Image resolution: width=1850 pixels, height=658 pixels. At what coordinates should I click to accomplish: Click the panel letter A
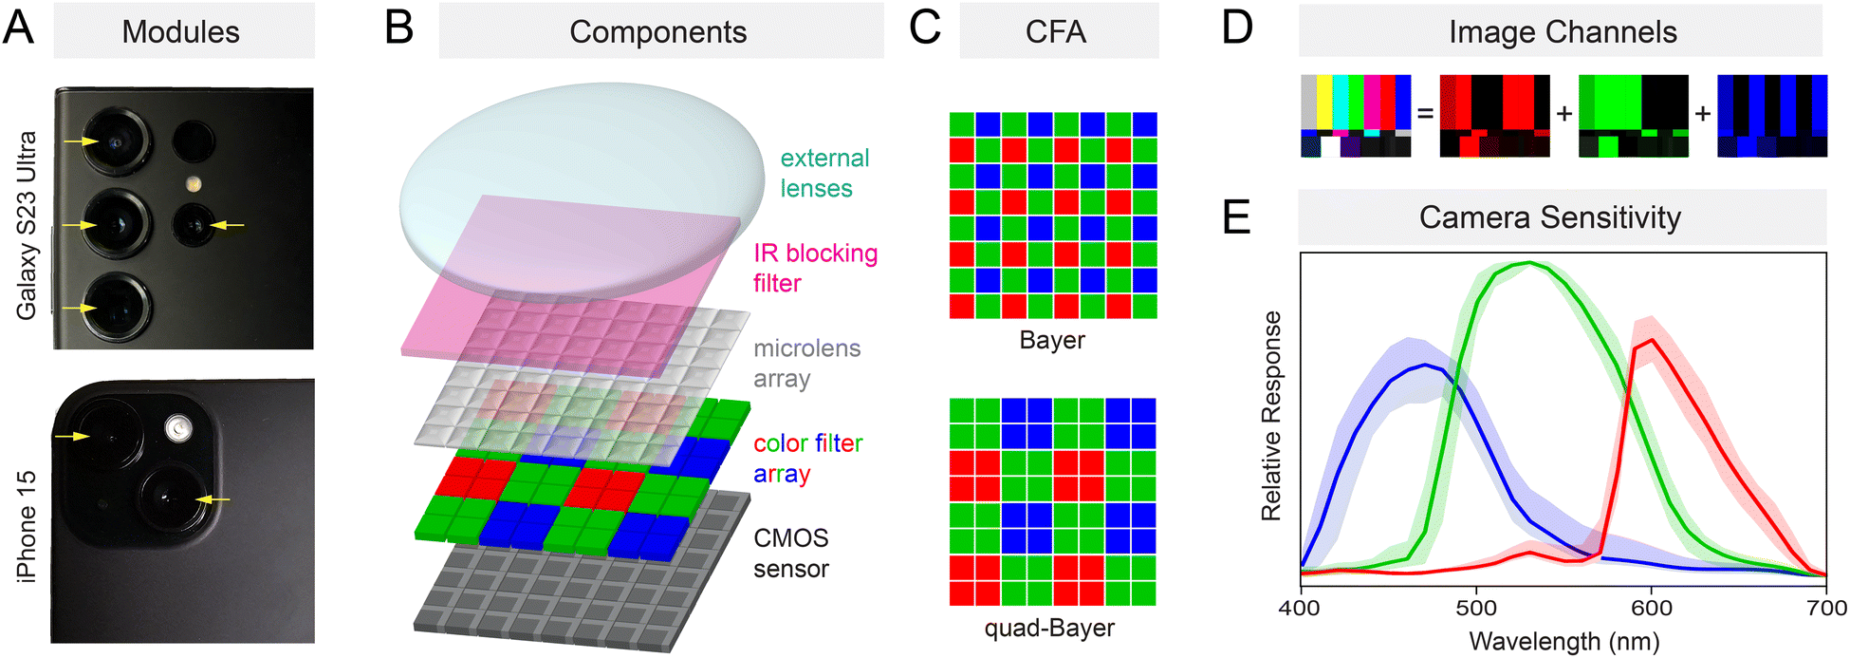(x=19, y=28)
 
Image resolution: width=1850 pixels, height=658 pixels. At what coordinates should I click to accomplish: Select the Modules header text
(x=181, y=32)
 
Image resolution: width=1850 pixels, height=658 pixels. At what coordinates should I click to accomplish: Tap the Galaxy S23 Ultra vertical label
(x=26, y=225)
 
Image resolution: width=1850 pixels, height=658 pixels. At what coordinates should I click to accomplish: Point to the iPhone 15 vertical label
(x=26, y=526)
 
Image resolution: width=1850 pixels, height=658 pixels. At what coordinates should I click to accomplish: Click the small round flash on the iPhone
(x=176, y=430)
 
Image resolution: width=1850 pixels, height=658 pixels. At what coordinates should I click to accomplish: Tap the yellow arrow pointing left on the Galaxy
(x=227, y=225)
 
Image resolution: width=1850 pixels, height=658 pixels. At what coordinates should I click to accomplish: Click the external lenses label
(x=824, y=173)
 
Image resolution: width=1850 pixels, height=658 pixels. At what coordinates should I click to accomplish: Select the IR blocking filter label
(x=815, y=268)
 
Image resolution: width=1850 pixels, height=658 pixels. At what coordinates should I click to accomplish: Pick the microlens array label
(x=806, y=363)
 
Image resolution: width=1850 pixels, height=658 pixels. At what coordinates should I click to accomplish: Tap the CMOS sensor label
(x=791, y=553)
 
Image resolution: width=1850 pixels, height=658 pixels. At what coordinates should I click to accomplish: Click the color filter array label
(x=807, y=458)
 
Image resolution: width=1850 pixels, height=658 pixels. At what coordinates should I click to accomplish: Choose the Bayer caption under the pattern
(x=1052, y=340)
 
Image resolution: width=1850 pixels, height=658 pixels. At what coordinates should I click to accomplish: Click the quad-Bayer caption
(x=1049, y=628)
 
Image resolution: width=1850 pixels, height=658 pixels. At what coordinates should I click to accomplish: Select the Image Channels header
(x=1563, y=32)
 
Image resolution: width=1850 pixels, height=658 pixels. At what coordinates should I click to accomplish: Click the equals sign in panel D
(x=1425, y=114)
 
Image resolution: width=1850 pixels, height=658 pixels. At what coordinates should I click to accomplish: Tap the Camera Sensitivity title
(x=1550, y=217)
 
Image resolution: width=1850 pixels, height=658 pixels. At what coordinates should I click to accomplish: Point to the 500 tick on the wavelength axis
(x=1476, y=608)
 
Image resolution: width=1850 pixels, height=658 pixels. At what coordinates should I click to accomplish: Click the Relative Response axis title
(x=1271, y=416)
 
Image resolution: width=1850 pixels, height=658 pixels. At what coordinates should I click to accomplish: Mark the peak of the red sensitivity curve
(x=1652, y=340)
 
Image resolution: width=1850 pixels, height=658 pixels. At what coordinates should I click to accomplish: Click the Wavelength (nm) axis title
(x=1564, y=641)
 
